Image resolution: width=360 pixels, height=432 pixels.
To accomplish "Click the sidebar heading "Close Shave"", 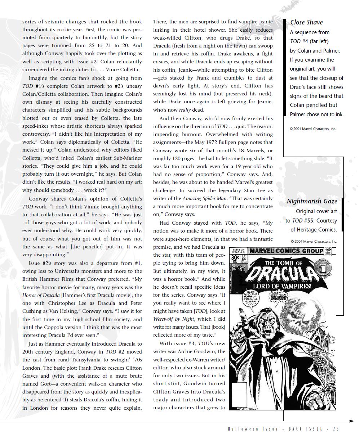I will point(306,22).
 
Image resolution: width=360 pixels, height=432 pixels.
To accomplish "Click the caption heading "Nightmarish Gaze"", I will point(312,201).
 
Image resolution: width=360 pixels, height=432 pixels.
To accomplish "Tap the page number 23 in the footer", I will point(336,429).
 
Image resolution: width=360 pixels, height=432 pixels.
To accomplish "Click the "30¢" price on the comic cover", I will point(235,258).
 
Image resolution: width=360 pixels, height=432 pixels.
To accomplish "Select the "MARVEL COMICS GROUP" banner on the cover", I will point(286,251).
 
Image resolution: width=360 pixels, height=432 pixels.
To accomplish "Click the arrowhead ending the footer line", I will point(352,421).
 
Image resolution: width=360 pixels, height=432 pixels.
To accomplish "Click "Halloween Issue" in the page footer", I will point(253,429).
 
